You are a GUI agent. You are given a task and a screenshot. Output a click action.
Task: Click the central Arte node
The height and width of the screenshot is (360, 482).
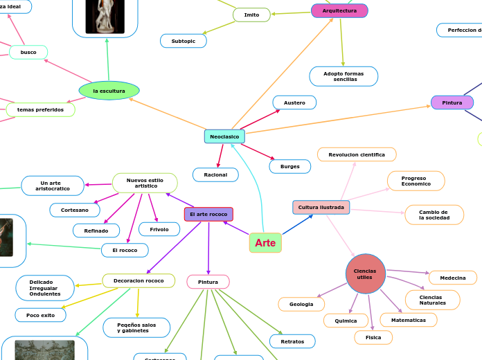(265, 243)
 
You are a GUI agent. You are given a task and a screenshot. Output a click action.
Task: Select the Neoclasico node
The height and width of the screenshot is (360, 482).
(224, 136)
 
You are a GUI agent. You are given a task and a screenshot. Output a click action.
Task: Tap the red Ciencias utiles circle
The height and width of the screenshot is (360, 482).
(365, 273)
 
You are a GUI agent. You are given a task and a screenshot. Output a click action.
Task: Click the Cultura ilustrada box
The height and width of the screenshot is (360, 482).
(321, 207)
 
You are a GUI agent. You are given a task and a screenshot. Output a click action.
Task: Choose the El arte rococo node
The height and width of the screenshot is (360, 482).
(208, 215)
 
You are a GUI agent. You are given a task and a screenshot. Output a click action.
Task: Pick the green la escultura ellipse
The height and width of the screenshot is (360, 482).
(109, 91)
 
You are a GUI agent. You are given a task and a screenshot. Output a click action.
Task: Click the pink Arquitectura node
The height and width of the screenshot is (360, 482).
(339, 11)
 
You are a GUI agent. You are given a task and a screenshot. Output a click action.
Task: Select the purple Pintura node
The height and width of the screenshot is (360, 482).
(452, 102)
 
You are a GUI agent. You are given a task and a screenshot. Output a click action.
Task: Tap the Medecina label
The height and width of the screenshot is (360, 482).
(453, 278)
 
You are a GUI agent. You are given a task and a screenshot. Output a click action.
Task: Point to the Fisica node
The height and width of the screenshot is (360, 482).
(373, 337)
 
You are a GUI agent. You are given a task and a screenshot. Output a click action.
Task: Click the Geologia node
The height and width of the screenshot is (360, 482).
(301, 304)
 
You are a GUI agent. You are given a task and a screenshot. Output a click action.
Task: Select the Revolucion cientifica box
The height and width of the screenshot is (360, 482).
(357, 154)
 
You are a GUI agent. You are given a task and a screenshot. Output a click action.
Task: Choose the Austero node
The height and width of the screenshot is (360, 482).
(294, 102)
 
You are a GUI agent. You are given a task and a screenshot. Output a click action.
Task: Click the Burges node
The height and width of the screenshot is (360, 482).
(289, 167)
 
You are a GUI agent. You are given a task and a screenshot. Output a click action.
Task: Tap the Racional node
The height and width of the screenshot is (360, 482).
(215, 175)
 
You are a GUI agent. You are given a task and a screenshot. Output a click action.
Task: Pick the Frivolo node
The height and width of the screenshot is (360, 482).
(159, 229)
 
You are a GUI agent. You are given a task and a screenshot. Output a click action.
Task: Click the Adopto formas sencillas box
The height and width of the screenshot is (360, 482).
(343, 76)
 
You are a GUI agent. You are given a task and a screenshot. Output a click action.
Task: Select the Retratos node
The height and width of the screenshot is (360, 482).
(292, 341)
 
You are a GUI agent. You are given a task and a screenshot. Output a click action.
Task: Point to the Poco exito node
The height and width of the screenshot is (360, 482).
(41, 315)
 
